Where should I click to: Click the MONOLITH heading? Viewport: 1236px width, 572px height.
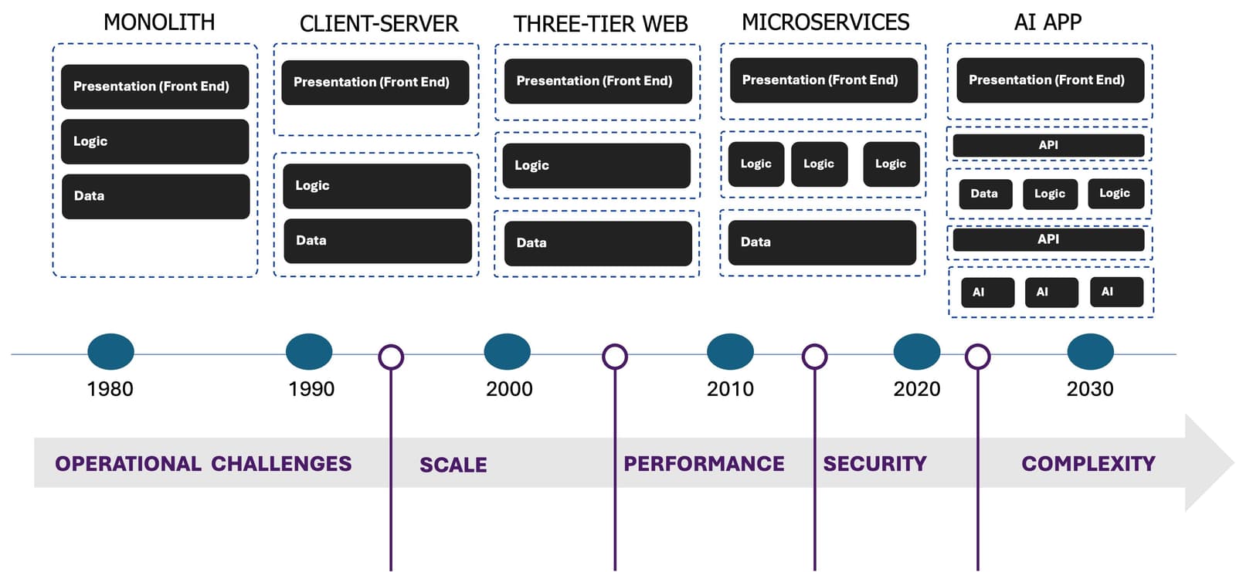[159, 22]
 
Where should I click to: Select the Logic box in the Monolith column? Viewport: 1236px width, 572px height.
[155, 141]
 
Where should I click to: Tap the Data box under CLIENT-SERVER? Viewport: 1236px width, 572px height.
[377, 241]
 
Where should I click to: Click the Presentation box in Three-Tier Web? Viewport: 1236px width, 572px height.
[597, 81]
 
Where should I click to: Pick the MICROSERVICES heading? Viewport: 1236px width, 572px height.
[825, 22]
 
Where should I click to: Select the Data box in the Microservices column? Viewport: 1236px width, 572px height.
[822, 242]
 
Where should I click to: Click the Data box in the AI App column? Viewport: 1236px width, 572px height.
[984, 194]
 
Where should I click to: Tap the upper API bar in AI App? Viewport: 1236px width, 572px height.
[1048, 145]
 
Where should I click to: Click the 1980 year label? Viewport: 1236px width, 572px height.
[110, 389]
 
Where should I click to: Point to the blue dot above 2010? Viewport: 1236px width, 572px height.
[730, 352]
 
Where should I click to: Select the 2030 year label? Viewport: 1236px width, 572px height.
[1089, 389]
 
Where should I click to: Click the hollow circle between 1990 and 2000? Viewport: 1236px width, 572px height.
[391, 357]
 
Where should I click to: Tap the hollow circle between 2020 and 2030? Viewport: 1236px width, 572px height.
[977, 357]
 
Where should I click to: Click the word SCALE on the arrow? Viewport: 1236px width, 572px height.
[453, 465]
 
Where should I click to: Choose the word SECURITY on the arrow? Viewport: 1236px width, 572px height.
[874, 464]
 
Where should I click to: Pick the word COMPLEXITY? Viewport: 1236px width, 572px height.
[1088, 464]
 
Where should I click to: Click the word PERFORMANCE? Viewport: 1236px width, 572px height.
[704, 464]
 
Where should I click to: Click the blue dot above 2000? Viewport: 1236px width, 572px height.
[507, 352]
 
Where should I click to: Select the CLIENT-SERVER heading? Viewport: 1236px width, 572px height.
[379, 24]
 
